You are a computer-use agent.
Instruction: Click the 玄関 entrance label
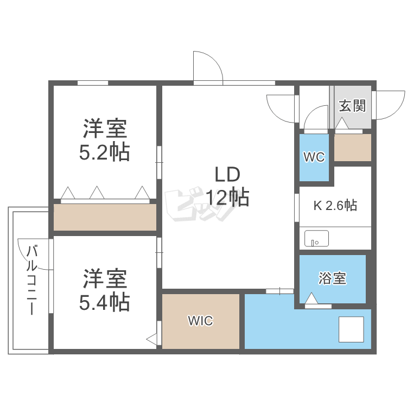(x=352, y=106)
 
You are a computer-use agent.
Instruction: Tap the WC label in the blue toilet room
(x=314, y=157)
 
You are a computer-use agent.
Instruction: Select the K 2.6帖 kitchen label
(x=335, y=206)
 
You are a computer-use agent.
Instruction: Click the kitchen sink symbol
(x=316, y=239)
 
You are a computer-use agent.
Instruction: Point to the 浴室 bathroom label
(x=333, y=279)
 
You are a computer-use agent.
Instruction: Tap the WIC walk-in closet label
(x=200, y=321)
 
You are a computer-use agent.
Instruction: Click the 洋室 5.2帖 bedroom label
(x=105, y=141)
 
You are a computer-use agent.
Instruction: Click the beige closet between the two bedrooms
(x=105, y=218)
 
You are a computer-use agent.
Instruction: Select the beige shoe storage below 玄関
(x=352, y=148)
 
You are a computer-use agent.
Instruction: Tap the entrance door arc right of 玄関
(x=390, y=105)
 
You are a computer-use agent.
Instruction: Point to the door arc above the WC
(x=316, y=118)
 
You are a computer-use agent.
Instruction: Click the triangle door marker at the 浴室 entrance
(x=311, y=299)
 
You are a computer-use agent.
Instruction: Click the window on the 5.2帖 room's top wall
(x=92, y=83)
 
